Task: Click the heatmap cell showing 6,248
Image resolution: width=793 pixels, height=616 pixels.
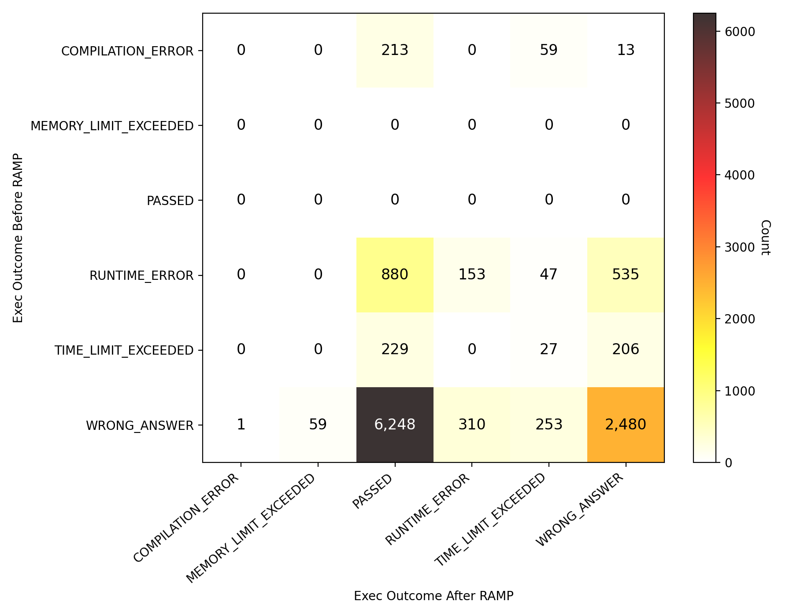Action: pos(395,425)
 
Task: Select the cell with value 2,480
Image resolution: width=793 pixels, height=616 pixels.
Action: pos(626,425)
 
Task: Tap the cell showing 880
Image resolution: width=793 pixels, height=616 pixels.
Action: pos(395,275)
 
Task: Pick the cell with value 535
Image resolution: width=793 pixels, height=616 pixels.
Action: pos(626,275)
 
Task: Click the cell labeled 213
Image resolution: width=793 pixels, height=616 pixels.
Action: pos(395,50)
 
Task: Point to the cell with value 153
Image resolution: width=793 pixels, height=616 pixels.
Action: pos(472,275)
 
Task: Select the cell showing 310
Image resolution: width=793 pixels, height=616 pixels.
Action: pos(472,425)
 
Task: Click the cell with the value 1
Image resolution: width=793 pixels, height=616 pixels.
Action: pos(241,425)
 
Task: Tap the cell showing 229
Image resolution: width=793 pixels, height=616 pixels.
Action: pos(395,350)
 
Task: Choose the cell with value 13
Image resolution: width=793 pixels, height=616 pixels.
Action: pos(626,50)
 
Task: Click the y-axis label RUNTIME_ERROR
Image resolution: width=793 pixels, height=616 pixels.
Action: pos(141,276)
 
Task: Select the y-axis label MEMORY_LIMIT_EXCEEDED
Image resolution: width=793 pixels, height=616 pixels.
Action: pos(112,126)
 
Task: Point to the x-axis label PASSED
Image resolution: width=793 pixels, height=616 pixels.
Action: pos(373,491)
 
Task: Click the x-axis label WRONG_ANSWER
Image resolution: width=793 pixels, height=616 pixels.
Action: pos(580,510)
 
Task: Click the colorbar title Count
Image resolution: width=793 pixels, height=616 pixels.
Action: pos(765,238)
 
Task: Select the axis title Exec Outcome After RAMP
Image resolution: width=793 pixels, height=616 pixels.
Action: pos(434,596)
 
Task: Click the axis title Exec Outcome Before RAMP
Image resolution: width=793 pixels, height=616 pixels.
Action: pos(18,238)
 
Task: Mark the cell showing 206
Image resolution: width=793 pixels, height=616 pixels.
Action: pos(626,350)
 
